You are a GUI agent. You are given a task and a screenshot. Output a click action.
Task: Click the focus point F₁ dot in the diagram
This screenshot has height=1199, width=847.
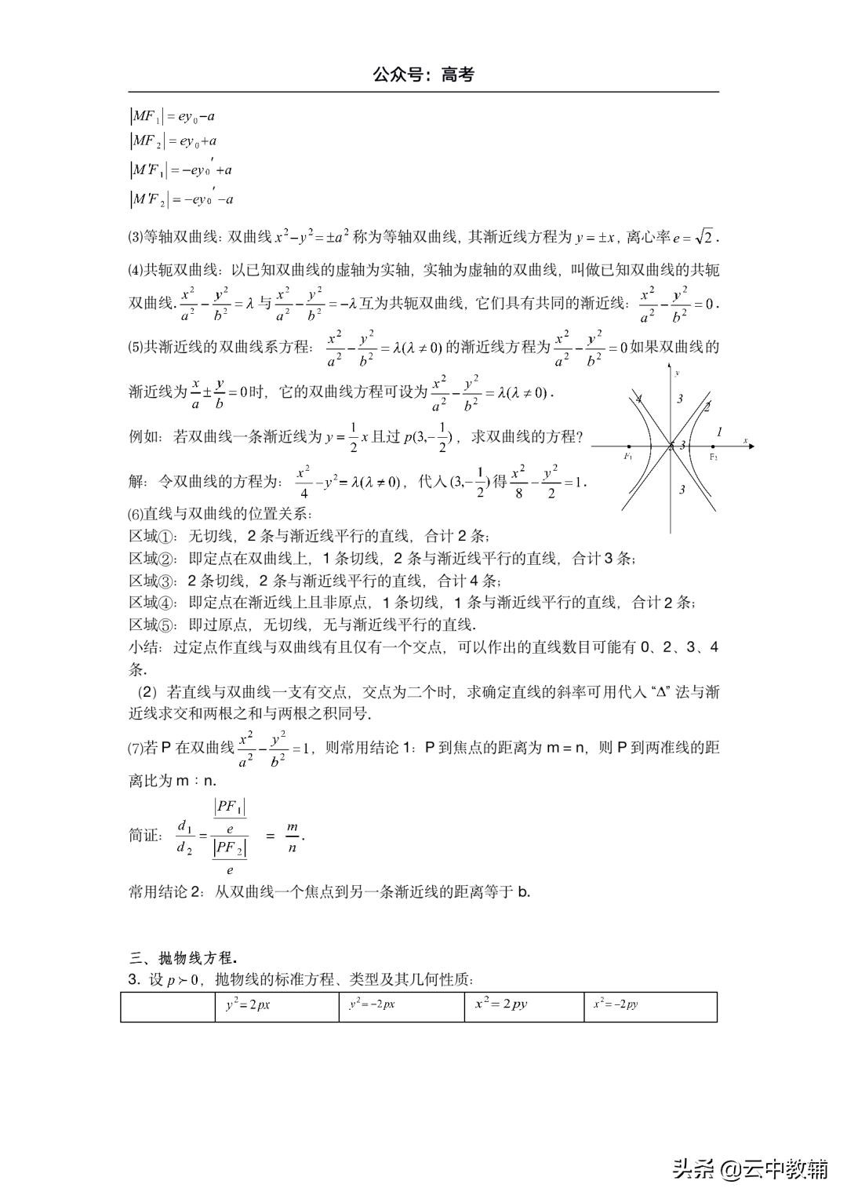[x=628, y=446]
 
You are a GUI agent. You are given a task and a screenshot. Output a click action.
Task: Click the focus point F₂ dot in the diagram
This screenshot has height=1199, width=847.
[x=714, y=446]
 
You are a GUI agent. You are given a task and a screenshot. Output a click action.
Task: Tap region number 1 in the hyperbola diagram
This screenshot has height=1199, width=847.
[x=720, y=432]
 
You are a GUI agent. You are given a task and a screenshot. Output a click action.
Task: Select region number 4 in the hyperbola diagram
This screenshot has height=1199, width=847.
[x=639, y=399]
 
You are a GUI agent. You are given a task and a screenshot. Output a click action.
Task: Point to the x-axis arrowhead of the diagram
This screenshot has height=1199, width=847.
[x=751, y=446]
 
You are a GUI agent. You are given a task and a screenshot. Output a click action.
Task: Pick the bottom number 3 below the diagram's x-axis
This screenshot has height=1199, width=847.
[x=682, y=490]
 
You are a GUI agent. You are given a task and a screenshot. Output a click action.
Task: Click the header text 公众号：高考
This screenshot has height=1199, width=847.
[x=423, y=75]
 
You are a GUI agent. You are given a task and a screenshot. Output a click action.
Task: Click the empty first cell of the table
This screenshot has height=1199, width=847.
[x=168, y=1006]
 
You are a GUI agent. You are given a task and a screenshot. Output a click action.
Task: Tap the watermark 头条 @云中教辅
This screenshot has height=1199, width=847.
[x=749, y=1170]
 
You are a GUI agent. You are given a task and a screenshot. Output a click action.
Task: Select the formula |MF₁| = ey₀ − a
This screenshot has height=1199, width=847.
[x=173, y=117]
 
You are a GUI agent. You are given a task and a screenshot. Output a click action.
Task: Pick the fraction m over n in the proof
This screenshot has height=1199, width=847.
[x=293, y=836]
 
